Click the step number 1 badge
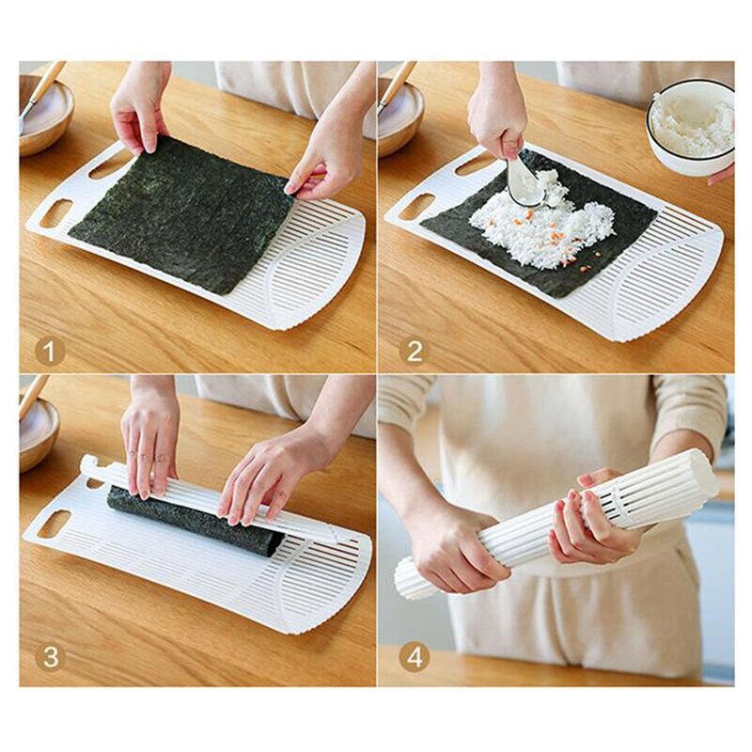(50, 352)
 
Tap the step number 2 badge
(415, 352)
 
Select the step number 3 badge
(50, 657)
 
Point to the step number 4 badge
(415, 657)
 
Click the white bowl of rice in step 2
(691, 128)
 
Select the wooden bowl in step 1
(46, 115)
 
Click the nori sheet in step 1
(181, 213)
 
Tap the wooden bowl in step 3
(39, 434)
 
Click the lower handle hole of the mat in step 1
(56, 214)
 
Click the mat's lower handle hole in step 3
(54, 525)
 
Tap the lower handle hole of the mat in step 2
(414, 208)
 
